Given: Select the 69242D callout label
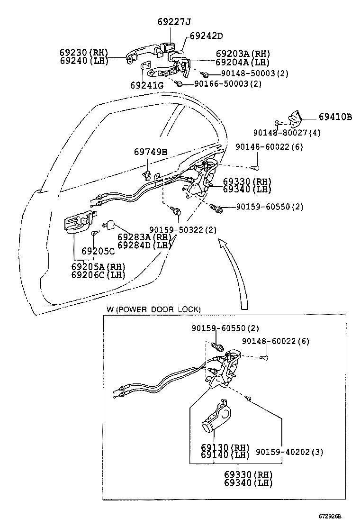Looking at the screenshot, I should (x=206, y=36).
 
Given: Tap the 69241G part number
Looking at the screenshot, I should (x=147, y=86).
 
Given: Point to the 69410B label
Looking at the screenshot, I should (x=335, y=117).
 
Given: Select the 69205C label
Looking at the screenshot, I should (x=98, y=251).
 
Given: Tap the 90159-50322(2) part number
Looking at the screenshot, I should (x=182, y=230).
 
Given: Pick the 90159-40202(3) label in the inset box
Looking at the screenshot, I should (x=289, y=452).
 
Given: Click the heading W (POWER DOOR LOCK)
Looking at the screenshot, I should (x=153, y=309).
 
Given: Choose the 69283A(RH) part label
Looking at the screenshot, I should (x=144, y=237).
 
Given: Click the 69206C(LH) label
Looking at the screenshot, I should (x=99, y=275).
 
